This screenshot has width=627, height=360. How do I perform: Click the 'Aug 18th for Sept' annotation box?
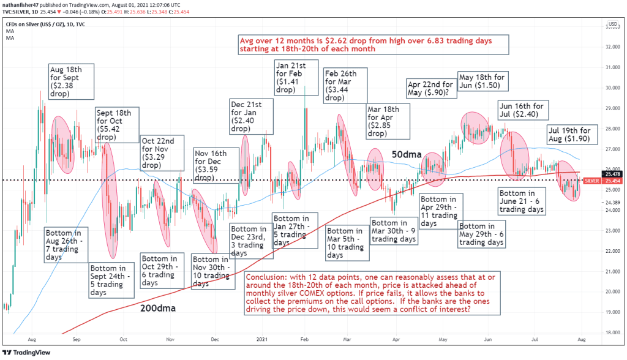pos(71,82)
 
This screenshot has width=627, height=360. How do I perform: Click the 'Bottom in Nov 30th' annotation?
pos(211,271)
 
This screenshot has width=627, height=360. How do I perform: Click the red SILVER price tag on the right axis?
pos(592,181)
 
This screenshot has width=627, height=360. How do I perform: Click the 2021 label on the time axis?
pos(262,338)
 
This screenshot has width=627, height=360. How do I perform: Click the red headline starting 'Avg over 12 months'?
pos(374,45)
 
